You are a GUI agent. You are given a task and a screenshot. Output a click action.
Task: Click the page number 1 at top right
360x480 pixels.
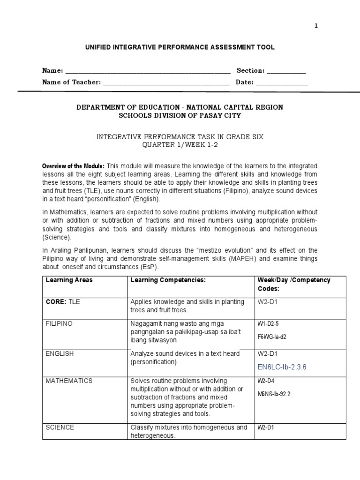pos(316,26)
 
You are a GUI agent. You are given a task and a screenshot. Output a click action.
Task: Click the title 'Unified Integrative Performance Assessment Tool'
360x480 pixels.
pos(180,47)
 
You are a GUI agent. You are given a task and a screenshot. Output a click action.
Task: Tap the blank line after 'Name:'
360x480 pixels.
pos(148,72)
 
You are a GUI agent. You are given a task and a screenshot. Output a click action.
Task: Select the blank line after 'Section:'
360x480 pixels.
pos(286,72)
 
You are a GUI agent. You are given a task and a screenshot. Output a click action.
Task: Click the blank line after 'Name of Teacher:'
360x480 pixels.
pos(166,83)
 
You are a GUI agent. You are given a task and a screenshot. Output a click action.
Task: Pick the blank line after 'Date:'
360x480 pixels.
pos(282,83)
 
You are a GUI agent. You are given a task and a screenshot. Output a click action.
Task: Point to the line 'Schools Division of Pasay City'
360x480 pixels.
pos(180,116)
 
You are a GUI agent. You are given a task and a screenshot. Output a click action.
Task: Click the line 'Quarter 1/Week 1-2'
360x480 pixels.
pos(180,145)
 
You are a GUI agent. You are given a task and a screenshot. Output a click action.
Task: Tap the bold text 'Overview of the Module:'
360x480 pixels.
pos(74,166)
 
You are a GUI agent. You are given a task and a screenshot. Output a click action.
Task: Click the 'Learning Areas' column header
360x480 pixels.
pos(69,280)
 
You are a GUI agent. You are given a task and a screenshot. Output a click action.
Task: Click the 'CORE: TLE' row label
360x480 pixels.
pos(63,302)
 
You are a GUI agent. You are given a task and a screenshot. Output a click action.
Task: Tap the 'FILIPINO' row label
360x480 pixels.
pos(59,323)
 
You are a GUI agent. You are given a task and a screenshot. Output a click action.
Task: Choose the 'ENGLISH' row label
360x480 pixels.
pos(60,353)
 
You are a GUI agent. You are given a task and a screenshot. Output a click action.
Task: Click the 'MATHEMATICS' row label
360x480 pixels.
pos(69,381)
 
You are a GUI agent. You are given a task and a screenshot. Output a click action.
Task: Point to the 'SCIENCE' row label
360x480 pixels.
pos(60,427)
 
